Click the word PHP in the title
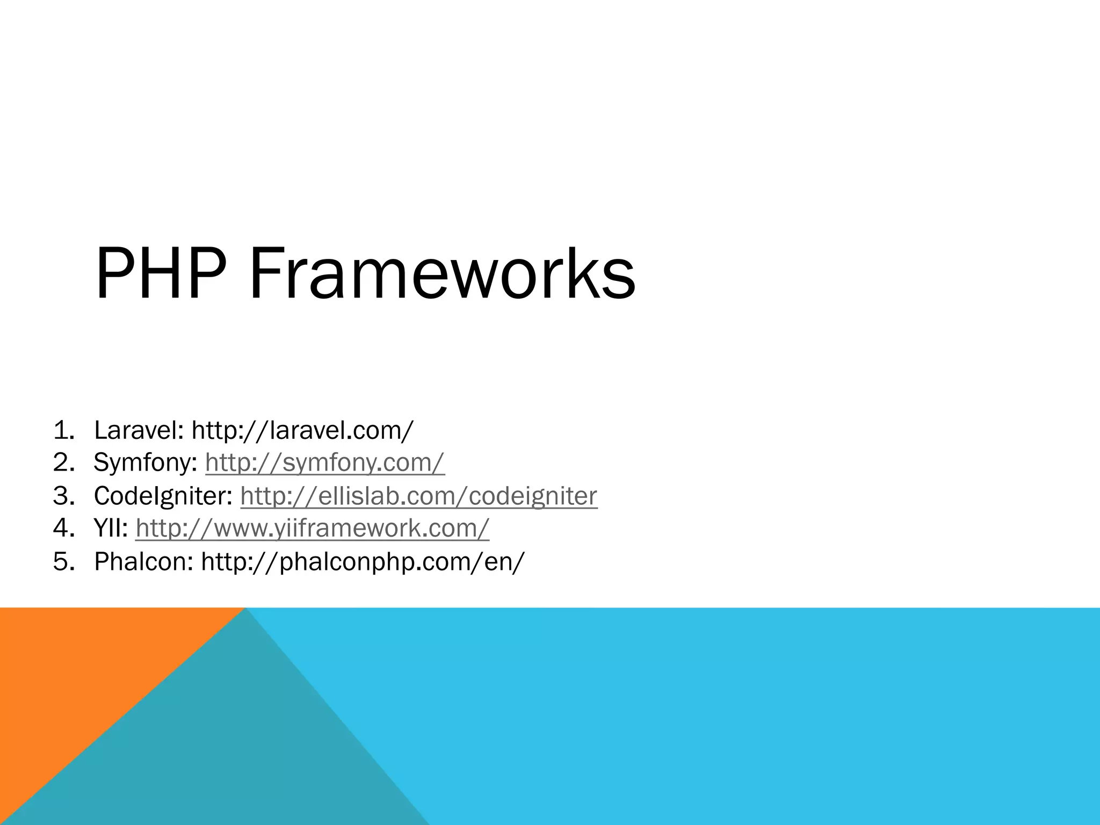(x=160, y=274)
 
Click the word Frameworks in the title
(x=442, y=274)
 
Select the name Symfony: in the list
(x=146, y=463)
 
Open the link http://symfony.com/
(x=325, y=463)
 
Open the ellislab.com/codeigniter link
(x=418, y=496)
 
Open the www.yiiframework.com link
(x=312, y=529)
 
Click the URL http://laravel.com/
(x=302, y=431)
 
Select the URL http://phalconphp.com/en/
(x=363, y=562)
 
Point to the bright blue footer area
(x=752, y=714)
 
